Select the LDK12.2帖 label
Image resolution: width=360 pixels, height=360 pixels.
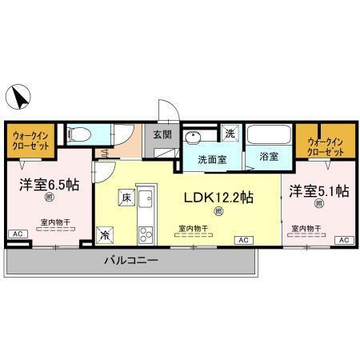click(x=220, y=196)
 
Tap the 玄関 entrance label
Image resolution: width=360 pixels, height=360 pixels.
click(x=162, y=135)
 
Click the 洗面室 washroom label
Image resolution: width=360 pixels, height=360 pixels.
click(x=212, y=158)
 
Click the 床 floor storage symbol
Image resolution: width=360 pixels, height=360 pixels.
click(x=125, y=195)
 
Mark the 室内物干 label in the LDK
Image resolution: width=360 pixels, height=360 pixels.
click(x=193, y=229)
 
